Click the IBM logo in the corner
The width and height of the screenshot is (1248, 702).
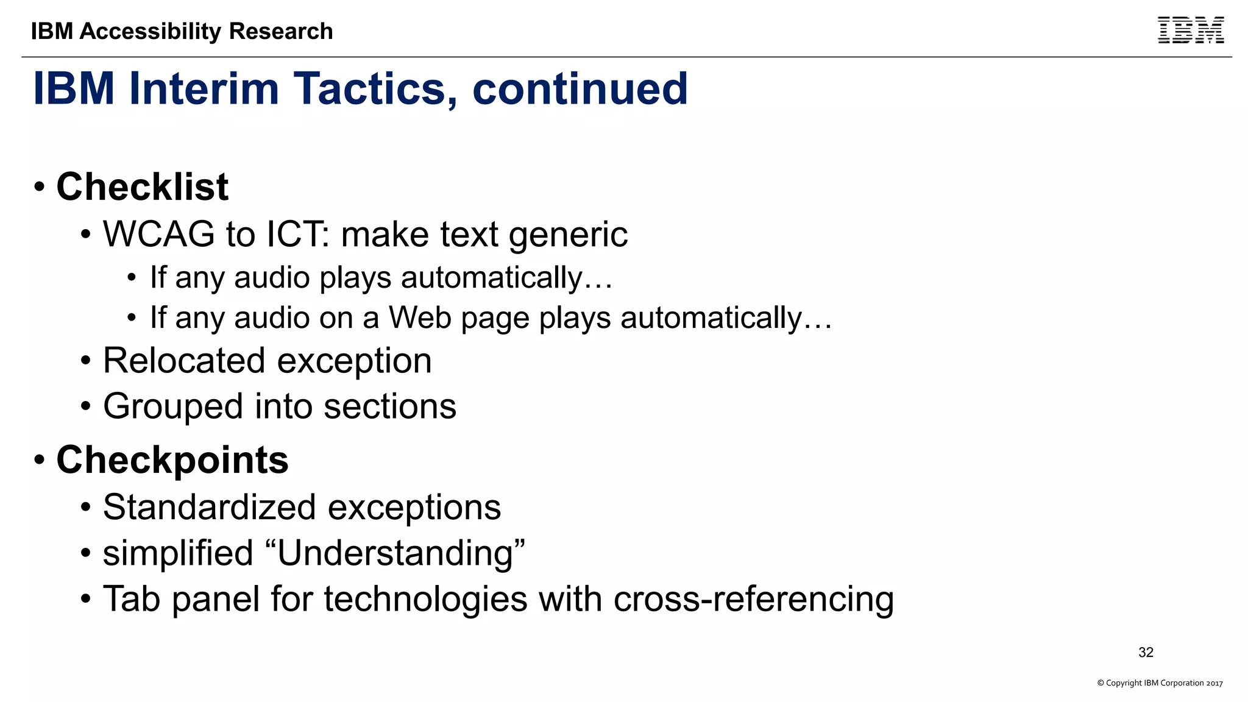(x=1190, y=30)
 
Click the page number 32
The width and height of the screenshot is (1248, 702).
(x=1146, y=652)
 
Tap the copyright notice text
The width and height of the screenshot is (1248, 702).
(x=1160, y=683)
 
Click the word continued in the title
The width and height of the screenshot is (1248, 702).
(x=580, y=89)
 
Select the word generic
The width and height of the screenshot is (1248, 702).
(x=568, y=235)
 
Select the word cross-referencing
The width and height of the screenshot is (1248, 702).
(x=753, y=599)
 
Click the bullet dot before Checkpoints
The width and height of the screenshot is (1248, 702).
(x=40, y=460)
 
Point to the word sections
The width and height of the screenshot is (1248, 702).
(x=389, y=406)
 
